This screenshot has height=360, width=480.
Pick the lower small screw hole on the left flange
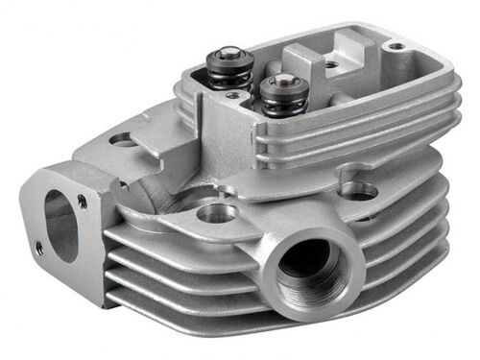tap(39, 248)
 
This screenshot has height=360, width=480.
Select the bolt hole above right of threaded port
tap(360, 194)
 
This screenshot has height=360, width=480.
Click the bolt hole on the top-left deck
tap(123, 140)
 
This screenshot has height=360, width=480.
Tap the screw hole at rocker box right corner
tap(396, 45)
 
